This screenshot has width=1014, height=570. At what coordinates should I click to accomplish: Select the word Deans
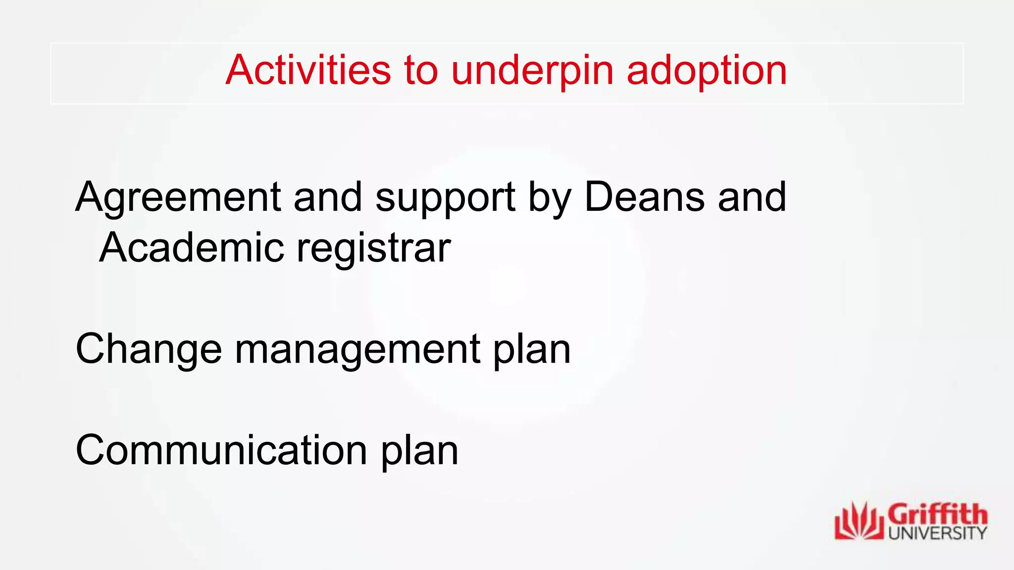(644, 197)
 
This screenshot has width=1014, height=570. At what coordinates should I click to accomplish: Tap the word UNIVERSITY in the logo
(937, 533)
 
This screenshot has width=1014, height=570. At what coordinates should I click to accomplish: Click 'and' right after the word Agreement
(328, 197)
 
